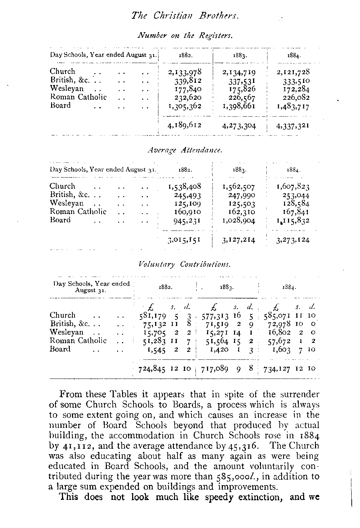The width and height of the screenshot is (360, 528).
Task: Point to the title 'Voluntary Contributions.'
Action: coord(184,265)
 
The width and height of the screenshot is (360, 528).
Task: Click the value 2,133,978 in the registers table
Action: coord(185,72)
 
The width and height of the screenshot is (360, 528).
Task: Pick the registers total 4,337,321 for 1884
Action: coord(293,126)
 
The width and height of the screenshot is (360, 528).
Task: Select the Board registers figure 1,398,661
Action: coord(239,106)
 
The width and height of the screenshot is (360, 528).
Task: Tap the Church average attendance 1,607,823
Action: coord(293,187)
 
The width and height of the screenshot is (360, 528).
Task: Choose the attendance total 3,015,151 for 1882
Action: coord(184,240)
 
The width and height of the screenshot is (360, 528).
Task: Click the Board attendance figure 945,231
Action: coord(187,221)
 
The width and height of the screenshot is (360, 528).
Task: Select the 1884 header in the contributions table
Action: coord(289,288)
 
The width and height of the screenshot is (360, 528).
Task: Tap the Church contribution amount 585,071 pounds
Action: coord(278,316)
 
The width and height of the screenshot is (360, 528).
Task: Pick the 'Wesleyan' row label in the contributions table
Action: coord(67,332)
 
